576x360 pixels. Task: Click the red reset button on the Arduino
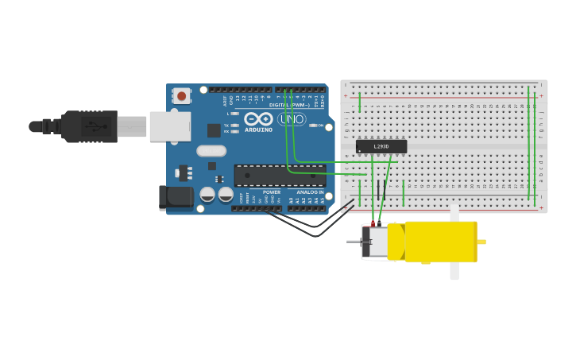click(182, 96)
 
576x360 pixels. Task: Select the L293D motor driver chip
click(381, 146)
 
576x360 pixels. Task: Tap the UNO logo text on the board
click(292, 119)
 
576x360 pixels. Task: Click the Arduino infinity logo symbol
click(258, 118)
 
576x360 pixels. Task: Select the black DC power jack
click(176, 197)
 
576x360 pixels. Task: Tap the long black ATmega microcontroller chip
click(279, 176)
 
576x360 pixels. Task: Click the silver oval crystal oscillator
click(211, 151)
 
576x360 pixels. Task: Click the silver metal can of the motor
click(376, 242)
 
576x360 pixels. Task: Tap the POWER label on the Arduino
click(272, 192)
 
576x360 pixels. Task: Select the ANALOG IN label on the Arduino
click(310, 192)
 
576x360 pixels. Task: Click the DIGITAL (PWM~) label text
click(289, 104)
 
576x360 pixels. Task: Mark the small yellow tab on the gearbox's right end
click(481, 242)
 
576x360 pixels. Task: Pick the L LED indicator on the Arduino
click(234, 114)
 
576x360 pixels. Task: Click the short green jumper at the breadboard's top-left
click(360, 102)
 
